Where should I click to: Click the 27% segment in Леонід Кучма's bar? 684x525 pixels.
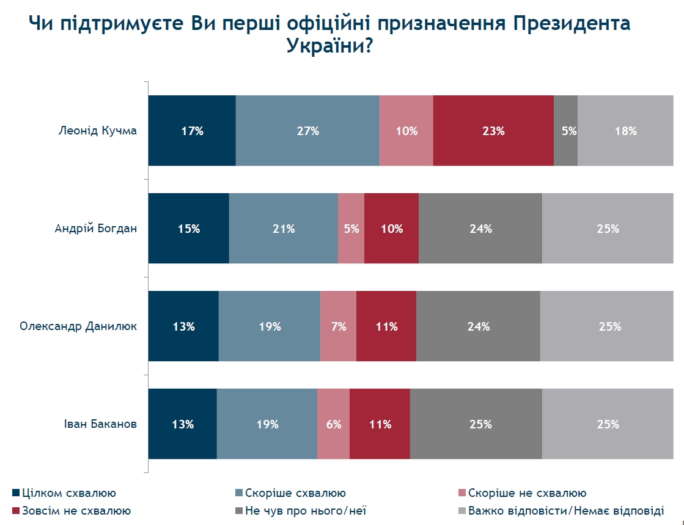[x=307, y=131]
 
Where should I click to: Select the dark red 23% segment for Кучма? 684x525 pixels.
[x=493, y=131]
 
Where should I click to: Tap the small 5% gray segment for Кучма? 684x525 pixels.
[x=565, y=131]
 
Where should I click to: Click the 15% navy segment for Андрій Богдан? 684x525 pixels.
[x=189, y=229]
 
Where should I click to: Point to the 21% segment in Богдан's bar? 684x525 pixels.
[x=283, y=229]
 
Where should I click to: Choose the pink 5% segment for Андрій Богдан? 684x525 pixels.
[x=351, y=229]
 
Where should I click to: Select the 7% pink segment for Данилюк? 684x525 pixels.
[x=338, y=326]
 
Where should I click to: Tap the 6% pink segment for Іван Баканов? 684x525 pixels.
[x=333, y=424]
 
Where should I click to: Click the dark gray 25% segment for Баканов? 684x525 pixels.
[x=476, y=424]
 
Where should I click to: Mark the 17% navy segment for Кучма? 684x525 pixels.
[x=192, y=131]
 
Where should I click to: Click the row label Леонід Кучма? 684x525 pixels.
[x=98, y=131]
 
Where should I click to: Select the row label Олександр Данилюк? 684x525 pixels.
[x=78, y=326]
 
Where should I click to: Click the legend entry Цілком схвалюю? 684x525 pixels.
[x=68, y=493]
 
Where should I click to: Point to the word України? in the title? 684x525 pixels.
[x=329, y=46]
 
